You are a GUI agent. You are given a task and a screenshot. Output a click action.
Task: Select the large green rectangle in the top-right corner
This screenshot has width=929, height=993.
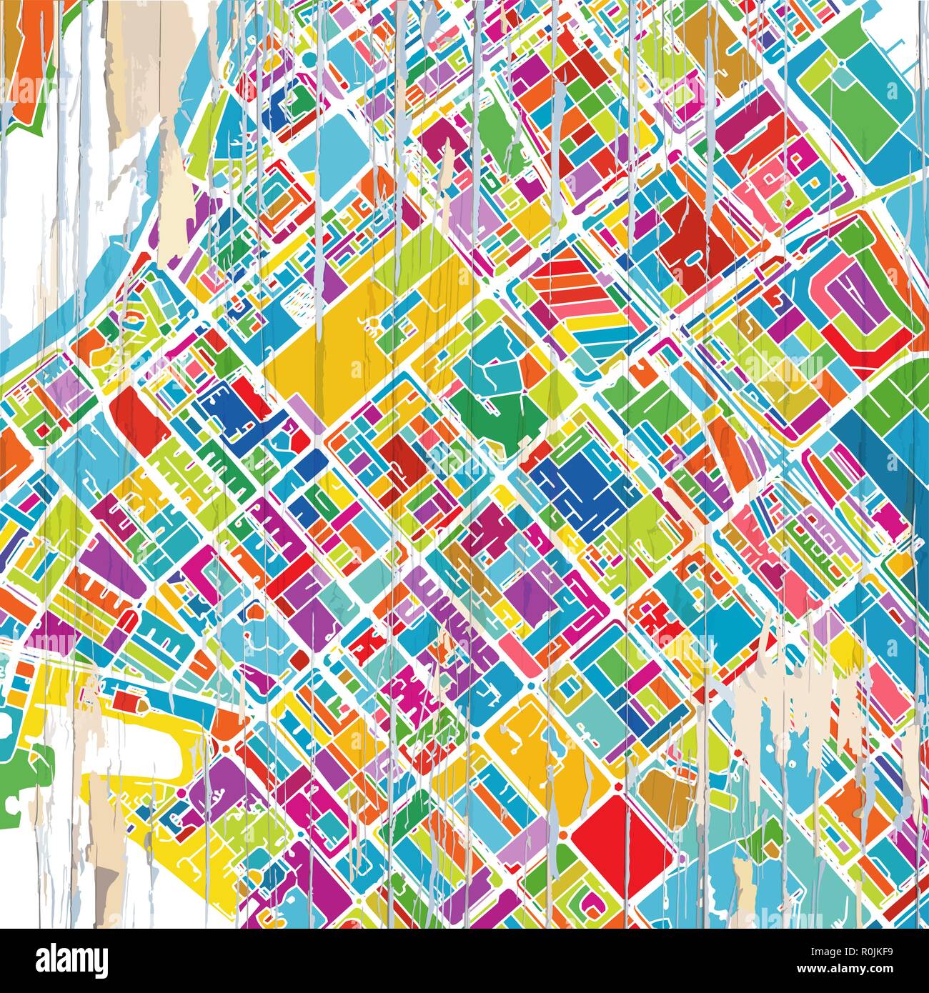click(x=858, y=93)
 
